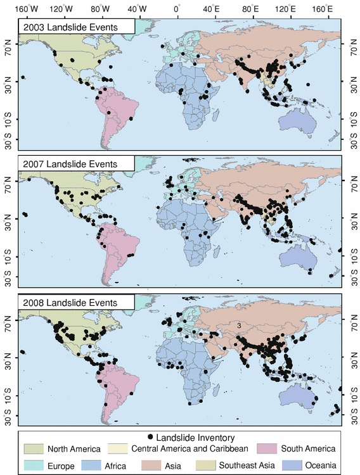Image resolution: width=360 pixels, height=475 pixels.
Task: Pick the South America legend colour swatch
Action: click(x=269, y=449)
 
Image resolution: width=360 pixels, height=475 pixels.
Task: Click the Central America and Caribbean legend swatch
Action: click(x=120, y=449)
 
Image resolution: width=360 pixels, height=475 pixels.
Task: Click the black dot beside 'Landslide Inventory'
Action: click(x=150, y=438)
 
